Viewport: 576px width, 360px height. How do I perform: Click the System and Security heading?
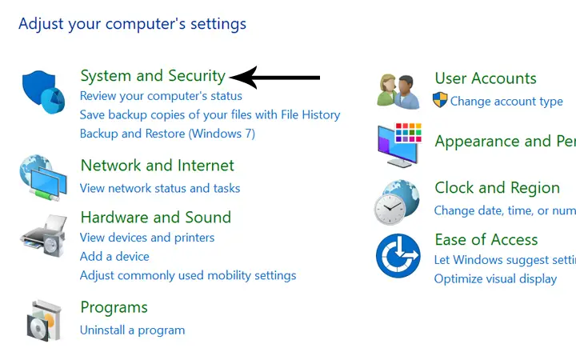153,76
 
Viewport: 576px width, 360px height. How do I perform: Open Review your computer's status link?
161,96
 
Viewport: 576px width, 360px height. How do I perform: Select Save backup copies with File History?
210,115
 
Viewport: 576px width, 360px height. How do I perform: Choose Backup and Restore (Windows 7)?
167,134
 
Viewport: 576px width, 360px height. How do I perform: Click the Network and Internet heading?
158,166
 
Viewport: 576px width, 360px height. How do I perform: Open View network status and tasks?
160,188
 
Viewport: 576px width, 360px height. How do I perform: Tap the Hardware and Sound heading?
156,217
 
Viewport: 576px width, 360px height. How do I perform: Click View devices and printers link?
147,238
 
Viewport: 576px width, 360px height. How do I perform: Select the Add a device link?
114,257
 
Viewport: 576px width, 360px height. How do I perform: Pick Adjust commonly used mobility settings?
188,275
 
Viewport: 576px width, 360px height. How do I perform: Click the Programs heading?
114,307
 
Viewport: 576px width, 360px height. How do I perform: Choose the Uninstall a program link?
132,330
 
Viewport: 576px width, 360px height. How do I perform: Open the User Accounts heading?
486,78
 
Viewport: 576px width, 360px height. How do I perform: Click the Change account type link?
506,101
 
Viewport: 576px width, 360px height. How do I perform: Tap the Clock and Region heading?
498,188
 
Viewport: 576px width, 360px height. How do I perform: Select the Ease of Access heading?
486,239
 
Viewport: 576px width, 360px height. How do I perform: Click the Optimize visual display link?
495,279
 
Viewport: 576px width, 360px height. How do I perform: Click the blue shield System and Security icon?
43,92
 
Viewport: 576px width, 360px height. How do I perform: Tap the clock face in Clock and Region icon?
390,209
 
